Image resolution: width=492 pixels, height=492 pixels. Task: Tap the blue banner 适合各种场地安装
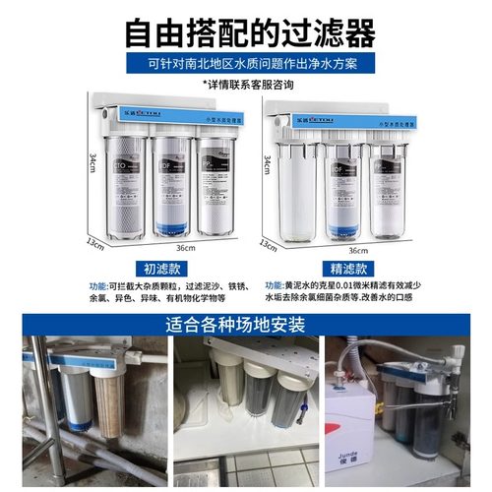pos(246,322)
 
